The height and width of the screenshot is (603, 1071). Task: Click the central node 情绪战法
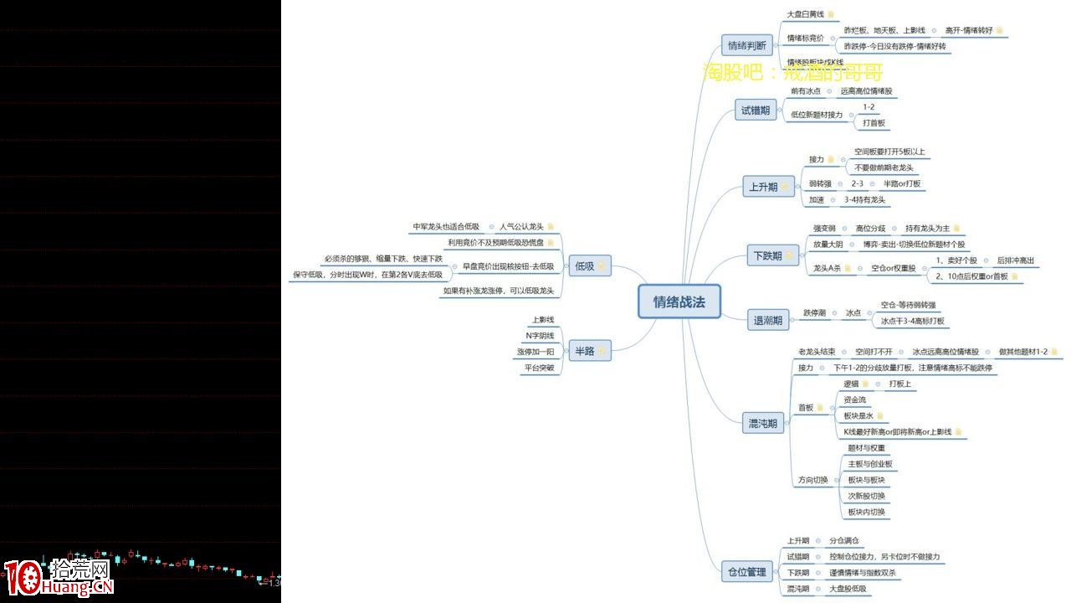[x=679, y=302]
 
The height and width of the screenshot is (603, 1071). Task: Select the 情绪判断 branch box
[x=746, y=46]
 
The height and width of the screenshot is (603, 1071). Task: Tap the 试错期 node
[x=755, y=110]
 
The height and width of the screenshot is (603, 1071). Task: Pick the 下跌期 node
[x=766, y=255]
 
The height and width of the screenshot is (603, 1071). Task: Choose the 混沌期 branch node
[x=761, y=424]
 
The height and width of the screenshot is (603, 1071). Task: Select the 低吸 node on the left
[x=584, y=266]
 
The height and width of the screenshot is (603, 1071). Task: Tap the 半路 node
[x=584, y=351]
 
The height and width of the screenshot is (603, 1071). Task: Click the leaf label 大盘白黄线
[x=805, y=14]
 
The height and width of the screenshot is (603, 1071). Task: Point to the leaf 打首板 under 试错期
[x=874, y=123]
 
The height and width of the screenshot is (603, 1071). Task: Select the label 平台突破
[x=539, y=368]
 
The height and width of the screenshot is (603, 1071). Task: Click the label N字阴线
[x=540, y=336]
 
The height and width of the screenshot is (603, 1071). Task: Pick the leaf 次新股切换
[x=866, y=496]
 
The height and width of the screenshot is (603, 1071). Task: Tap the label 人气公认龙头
[x=521, y=227]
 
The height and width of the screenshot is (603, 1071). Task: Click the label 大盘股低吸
[x=848, y=589]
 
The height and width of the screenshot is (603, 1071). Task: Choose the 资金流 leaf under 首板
[x=854, y=399]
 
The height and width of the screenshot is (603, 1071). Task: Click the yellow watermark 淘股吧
[x=735, y=73]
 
